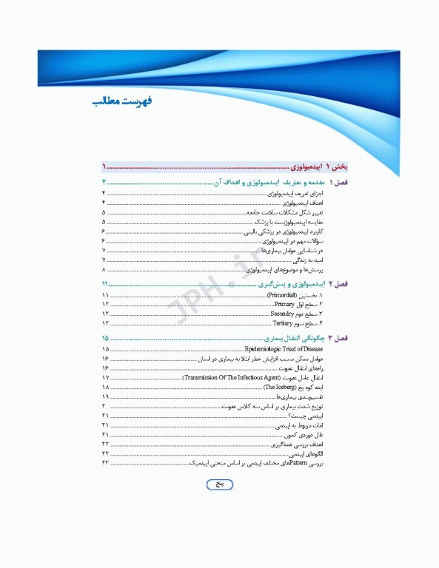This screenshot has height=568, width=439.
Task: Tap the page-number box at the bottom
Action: (x=218, y=484)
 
